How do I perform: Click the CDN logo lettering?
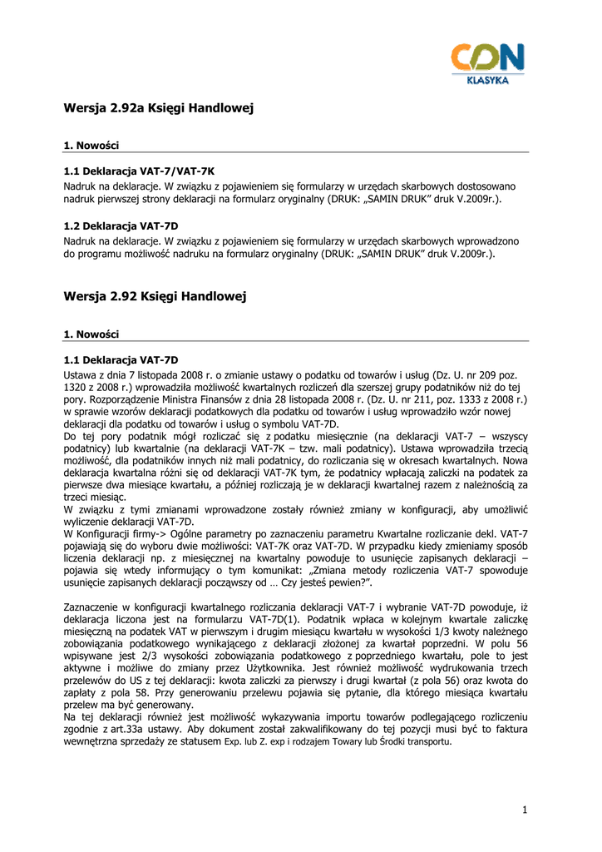click(x=488, y=58)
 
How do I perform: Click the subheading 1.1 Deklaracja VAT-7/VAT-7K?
click(x=127, y=171)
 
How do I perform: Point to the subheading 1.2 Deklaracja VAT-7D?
click(x=121, y=226)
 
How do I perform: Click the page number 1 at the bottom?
click(x=526, y=810)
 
